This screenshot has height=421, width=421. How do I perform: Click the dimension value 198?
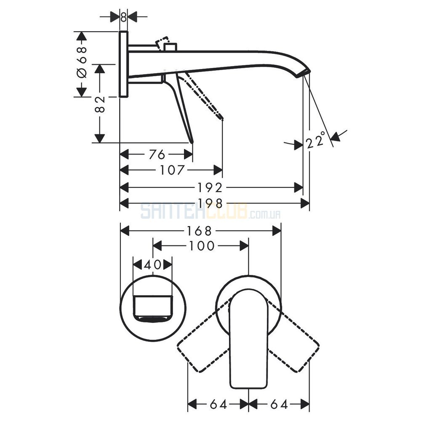210,203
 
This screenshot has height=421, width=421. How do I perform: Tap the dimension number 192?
210,188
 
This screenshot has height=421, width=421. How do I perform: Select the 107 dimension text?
172,170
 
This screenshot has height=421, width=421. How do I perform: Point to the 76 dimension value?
157,155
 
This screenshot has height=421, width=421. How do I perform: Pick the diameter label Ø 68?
82,62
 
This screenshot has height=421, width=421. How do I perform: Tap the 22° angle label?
316,140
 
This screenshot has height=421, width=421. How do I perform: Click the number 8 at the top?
123,17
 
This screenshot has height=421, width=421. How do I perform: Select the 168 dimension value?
199,230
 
